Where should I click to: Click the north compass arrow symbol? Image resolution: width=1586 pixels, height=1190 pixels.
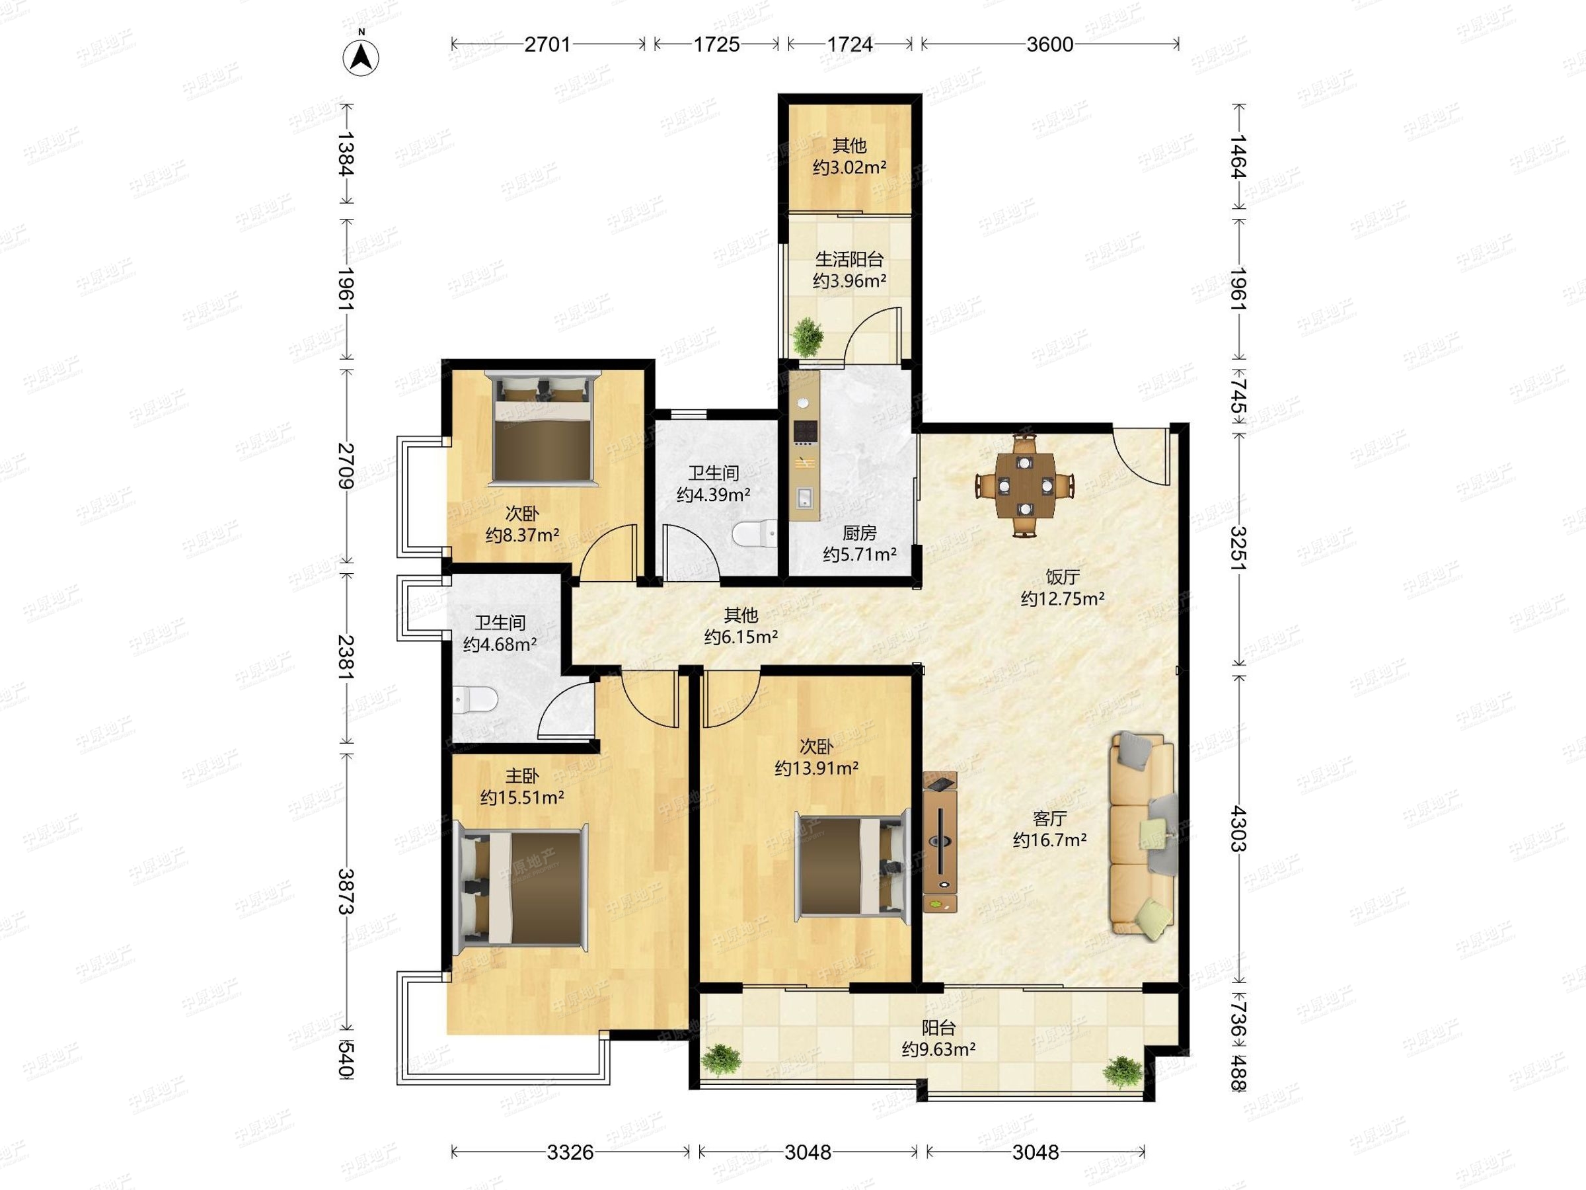(361, 56)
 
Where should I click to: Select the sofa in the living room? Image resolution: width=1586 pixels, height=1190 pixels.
(1143, 835)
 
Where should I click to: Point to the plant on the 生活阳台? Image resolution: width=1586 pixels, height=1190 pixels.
(808, 337)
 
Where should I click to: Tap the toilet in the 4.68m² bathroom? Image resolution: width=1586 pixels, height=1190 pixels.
(474, 699)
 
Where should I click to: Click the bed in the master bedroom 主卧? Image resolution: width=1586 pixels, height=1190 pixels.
(521, 887)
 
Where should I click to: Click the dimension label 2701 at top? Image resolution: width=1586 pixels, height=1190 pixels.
(547, 44)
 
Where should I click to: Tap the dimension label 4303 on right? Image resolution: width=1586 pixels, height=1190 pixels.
(1238, 828)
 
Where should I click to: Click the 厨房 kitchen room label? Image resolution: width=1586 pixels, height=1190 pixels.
(859, 533)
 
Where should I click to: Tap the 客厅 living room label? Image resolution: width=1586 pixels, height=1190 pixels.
(1049, 818)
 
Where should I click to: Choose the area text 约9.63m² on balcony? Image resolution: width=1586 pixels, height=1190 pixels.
(938, 1049)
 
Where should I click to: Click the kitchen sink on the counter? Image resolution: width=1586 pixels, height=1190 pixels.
(805, 497)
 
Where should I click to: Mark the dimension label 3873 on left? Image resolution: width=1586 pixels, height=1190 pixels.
(347, 892)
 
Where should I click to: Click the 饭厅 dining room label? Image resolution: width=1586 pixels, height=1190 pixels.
(1063, 576)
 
